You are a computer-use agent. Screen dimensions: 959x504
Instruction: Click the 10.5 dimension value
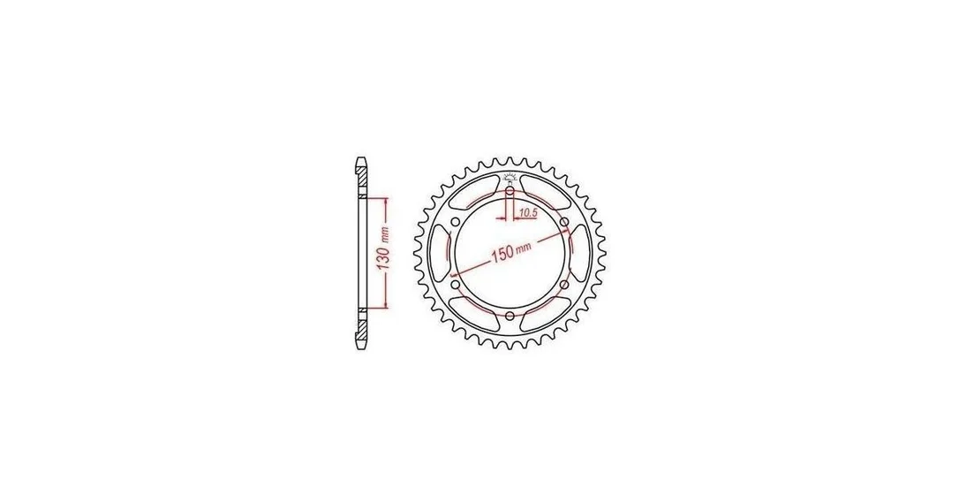[x=527, y=212]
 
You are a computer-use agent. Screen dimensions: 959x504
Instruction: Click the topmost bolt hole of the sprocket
[x=510, y=191]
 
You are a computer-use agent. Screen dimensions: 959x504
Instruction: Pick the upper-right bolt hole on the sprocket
[x=564, y=222]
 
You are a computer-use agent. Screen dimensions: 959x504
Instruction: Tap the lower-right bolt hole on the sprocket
[x=564, y=285]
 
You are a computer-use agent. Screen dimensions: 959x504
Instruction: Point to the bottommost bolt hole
[x=510, y=316]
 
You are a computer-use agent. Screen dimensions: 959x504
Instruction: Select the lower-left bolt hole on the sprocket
[x=455, y=285]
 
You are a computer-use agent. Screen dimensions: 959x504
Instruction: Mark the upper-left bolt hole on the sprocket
[x=455, y=222]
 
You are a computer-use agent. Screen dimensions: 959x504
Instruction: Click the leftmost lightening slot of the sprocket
[x=439, y=254]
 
